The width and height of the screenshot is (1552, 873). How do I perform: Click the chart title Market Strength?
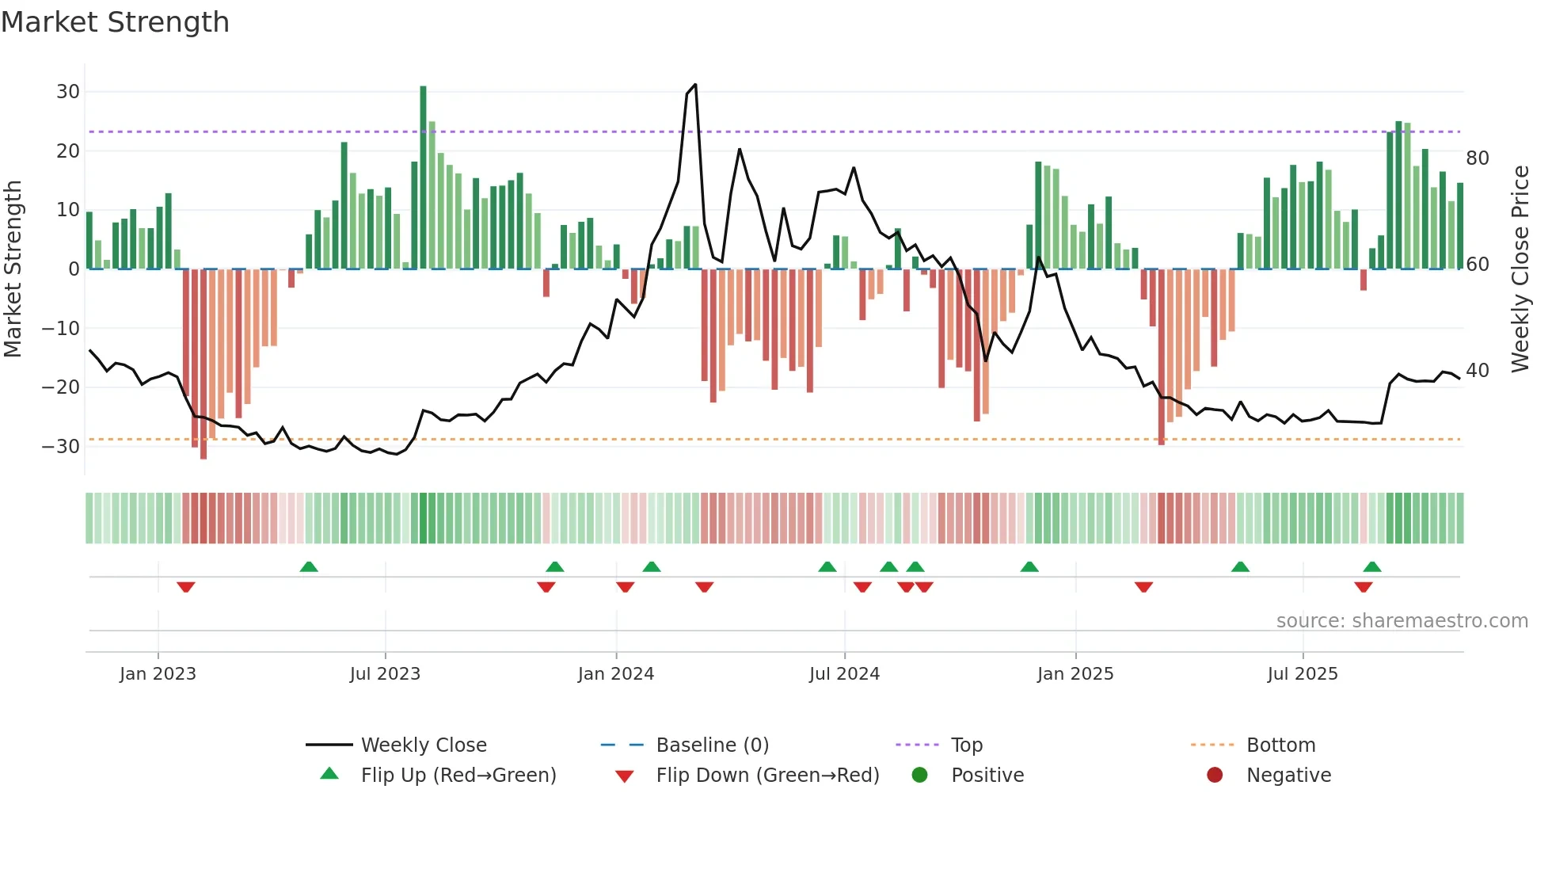115,22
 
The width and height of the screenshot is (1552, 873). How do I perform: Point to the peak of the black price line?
694,85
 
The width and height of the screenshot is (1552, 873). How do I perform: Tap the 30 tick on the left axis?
67,91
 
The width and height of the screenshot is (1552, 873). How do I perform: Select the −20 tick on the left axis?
61,387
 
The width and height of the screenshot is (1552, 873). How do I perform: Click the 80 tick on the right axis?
1477,158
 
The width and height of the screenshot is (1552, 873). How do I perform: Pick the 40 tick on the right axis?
1477,371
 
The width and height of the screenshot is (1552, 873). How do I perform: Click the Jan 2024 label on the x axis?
615,674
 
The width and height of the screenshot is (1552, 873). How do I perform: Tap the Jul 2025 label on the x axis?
1302,674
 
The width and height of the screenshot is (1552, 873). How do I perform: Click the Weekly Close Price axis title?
1520,269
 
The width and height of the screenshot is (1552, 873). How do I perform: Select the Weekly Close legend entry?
423,745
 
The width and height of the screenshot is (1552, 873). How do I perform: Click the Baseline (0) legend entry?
712,745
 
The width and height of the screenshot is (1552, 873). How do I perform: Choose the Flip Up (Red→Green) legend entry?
458,776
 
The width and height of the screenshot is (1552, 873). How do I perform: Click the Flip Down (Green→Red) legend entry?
766,776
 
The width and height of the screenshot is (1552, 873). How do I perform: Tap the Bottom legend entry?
1280,745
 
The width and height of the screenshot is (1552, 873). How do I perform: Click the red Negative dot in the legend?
1214,776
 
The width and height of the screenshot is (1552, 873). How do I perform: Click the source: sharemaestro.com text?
1402,621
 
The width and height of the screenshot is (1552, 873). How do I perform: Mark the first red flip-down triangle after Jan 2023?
186,587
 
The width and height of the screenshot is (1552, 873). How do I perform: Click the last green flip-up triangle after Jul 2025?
1371,566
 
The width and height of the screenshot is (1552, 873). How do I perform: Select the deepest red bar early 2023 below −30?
204,364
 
